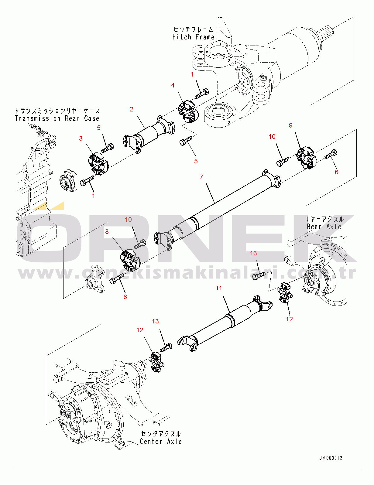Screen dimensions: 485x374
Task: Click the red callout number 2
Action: tap(132, 109)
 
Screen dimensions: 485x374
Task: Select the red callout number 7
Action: tap(201, 177)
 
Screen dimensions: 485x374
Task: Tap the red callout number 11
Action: tap(219, 288)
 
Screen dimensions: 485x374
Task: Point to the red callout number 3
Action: tap(81, 138)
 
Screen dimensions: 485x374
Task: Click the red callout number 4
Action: tap(173, 85)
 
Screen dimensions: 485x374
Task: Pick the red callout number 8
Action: tap(107, 232)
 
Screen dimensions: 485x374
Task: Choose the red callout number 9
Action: tap(290, 125)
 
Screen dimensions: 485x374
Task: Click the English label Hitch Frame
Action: tap(193, 37)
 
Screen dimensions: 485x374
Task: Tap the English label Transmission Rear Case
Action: tap(57, 118)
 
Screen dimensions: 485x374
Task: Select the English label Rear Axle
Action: tap(324, 227)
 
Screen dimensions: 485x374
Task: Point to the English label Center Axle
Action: tap(161, 442)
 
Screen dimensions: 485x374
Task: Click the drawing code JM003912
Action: tap(331, 458)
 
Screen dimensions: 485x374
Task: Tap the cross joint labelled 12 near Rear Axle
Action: tap(285, 293)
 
